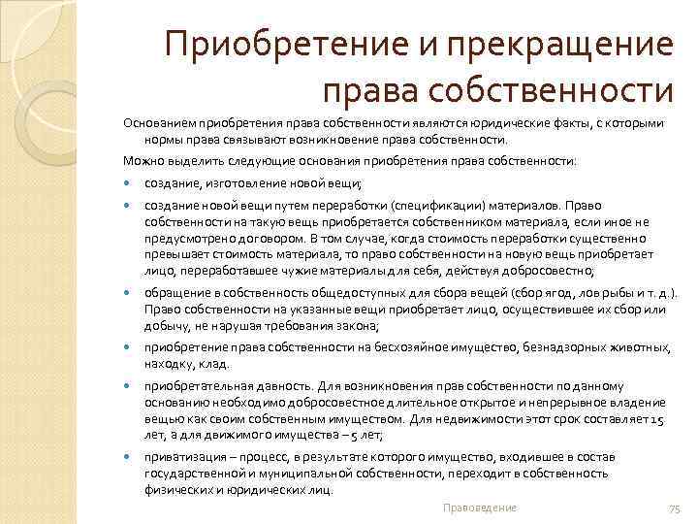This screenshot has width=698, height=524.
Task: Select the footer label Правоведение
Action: click(479, 508)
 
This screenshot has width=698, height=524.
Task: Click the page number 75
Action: click(676, 508)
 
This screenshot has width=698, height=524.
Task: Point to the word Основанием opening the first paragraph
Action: click(159, 124)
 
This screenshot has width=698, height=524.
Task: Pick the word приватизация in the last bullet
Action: click(182, 456)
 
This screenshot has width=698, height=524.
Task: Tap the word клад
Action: click(214, 364)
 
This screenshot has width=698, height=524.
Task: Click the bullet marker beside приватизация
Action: click(128, 456)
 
